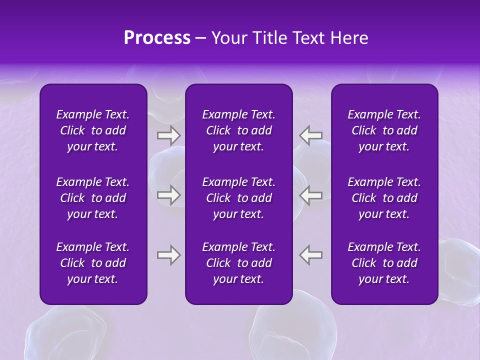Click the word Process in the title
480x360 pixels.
click(157, 38)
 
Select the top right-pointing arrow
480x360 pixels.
click(168, 135)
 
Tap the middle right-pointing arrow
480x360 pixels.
click(168, 195)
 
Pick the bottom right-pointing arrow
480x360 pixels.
click(168, 255)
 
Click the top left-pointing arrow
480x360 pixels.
click(311, 135)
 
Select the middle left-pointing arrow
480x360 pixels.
click(311, 195)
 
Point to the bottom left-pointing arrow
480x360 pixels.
click(311, 255)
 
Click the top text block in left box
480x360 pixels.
click(93, 130)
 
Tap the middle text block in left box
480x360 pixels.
click(93, 198)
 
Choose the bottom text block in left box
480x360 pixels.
click(93, 263)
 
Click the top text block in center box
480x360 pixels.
click(238, 130)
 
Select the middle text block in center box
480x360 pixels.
click(238, 198)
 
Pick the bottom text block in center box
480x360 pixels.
click(238, 263)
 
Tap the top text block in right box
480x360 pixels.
click(384, 130)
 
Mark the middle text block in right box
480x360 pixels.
click(384, 198)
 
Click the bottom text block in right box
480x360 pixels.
click(384, 263)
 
